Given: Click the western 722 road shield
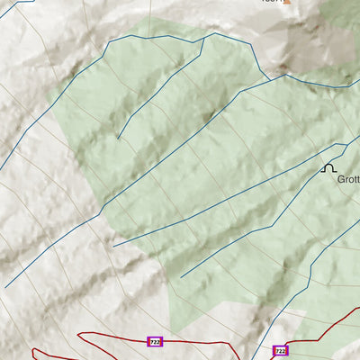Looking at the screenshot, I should click(155, 342).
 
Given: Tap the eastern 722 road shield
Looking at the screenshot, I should click(280, 351).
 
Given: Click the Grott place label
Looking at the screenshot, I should click(348, 179).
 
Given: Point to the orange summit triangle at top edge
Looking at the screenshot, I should click(288, 2).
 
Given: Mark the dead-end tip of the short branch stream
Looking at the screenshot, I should click(118, 138).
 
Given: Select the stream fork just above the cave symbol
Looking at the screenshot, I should click(345, 146).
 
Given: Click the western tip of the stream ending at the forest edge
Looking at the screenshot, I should click(113, 245).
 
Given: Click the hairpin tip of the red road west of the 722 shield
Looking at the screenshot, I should click(80, 337).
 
